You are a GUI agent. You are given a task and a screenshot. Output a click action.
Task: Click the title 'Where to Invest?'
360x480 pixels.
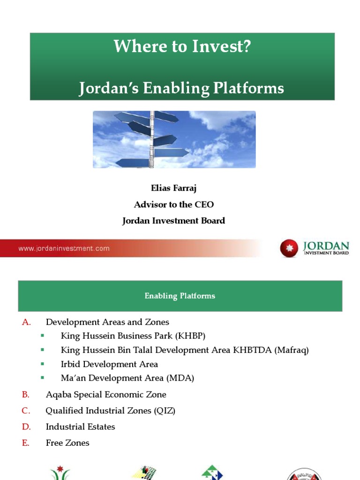[182, 46]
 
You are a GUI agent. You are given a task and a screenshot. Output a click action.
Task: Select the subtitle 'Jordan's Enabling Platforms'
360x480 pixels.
[181, 88]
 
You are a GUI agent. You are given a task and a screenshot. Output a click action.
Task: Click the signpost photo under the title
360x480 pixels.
[174, 139]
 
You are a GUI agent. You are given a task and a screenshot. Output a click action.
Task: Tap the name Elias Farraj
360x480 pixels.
[173, 188]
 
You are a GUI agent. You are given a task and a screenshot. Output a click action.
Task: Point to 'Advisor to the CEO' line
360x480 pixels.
[173, 204]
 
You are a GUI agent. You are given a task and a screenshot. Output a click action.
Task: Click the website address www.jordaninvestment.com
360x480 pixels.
[64, 248]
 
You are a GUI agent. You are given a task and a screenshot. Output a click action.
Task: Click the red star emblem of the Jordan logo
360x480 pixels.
[289, 248]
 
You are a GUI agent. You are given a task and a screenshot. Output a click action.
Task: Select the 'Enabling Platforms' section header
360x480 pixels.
[180, 296]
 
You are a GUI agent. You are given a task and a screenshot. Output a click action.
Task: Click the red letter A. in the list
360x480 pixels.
[26, 322]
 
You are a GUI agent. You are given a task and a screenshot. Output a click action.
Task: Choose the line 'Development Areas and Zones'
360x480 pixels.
[107, 322]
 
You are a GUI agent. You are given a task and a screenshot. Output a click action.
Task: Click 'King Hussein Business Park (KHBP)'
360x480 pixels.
[133, 336]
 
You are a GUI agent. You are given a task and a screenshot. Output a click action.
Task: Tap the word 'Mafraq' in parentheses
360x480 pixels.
[292, 350]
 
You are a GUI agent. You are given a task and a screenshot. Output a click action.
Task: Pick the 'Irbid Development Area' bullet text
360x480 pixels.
[109, 364]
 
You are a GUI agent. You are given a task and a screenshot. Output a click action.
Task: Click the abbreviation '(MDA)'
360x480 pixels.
[182, 378]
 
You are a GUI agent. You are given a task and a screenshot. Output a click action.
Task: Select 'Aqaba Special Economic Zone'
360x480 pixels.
[106, 395]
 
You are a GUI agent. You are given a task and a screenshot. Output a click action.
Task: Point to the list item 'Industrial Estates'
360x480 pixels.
[80, 427]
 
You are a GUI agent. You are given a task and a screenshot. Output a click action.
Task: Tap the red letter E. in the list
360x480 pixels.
[26, 442]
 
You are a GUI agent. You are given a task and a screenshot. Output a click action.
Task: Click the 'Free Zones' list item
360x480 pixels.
[67, 442]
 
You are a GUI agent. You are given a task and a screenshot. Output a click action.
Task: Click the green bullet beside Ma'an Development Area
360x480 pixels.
[42, 377]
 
